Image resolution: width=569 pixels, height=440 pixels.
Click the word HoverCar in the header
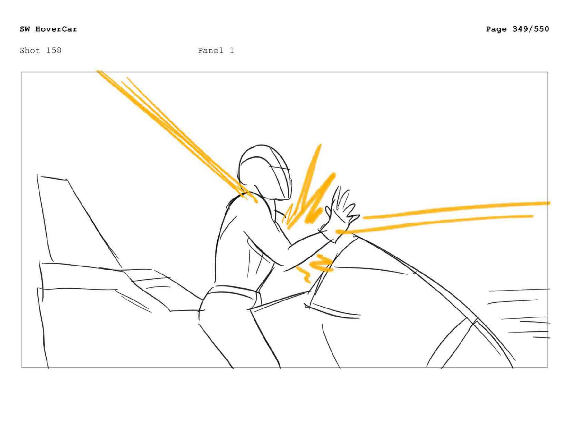click(x=56, y=29)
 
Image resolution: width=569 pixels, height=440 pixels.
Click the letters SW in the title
click(x=25, y=29)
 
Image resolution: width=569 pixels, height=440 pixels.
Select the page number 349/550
click(x=531, y=29)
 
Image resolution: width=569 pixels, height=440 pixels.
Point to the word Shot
click(x=30, y=50)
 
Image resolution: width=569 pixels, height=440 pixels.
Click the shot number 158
click(x=54, y=50)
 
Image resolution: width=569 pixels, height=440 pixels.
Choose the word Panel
click(x=211, y=50)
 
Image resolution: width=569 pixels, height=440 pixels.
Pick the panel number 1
click(x=232, y=50)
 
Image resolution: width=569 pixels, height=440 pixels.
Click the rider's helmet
click(x=264, y=171)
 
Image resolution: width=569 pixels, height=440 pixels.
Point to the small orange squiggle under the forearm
click(x=315, y=267)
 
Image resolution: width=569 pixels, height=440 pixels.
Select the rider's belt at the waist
click(x=233, y=292)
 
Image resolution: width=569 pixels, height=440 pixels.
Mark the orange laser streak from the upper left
click(x=177, y=136)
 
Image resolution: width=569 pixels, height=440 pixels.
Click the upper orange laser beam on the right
click(x=455, y=209)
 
